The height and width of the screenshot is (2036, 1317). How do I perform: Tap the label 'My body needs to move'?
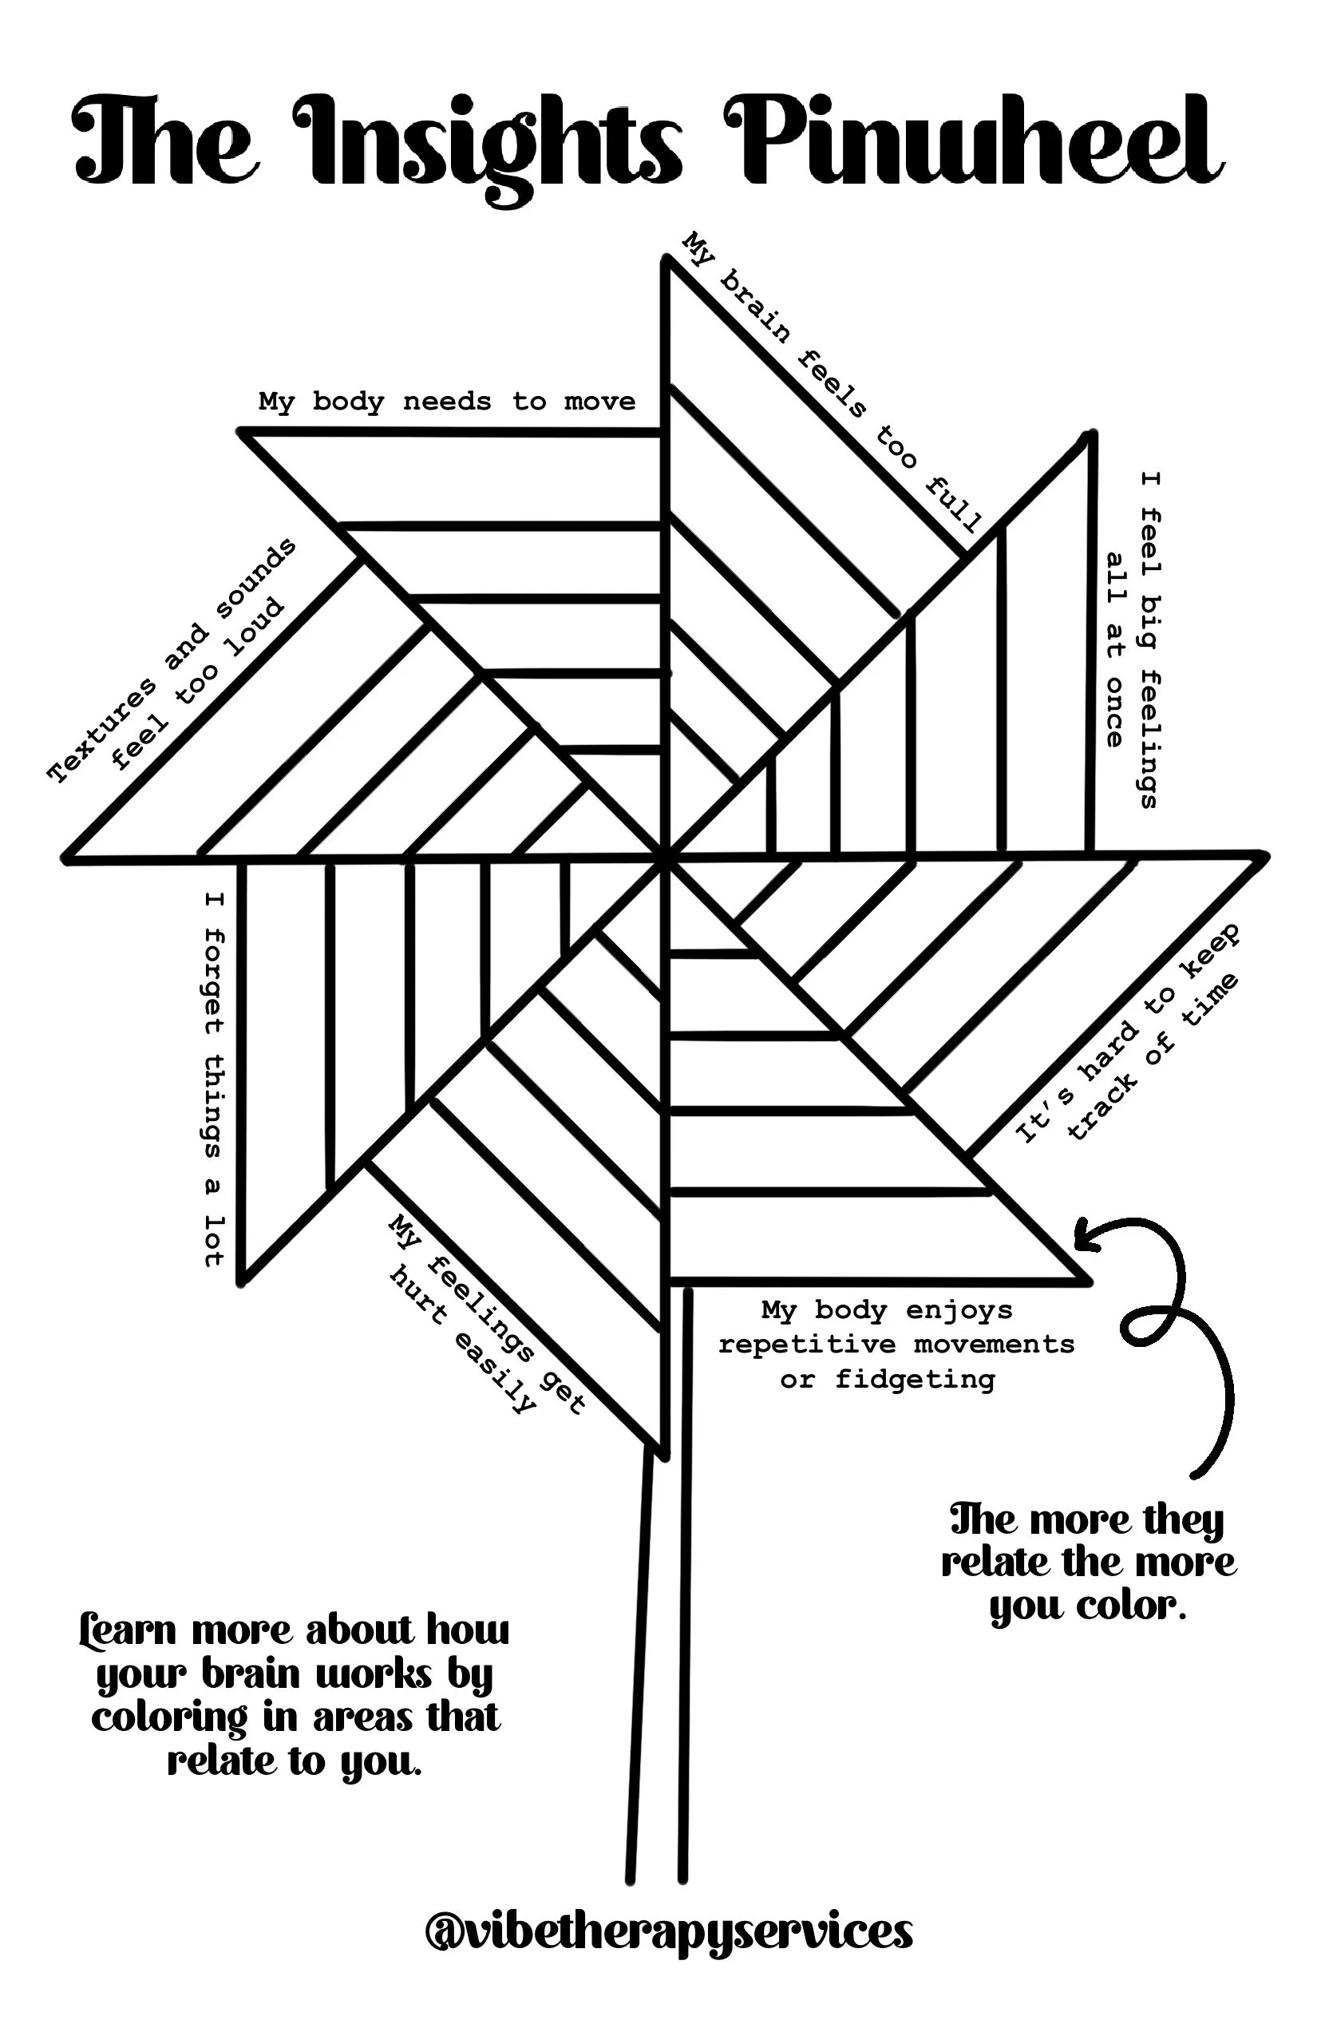(447, 401)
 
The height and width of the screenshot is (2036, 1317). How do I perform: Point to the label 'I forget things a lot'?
(214, 1079)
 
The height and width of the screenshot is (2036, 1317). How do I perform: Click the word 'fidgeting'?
(915, 1380)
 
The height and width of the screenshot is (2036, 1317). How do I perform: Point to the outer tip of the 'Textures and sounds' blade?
(67, 858)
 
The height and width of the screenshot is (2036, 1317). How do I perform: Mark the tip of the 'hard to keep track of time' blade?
(1264, 855)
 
